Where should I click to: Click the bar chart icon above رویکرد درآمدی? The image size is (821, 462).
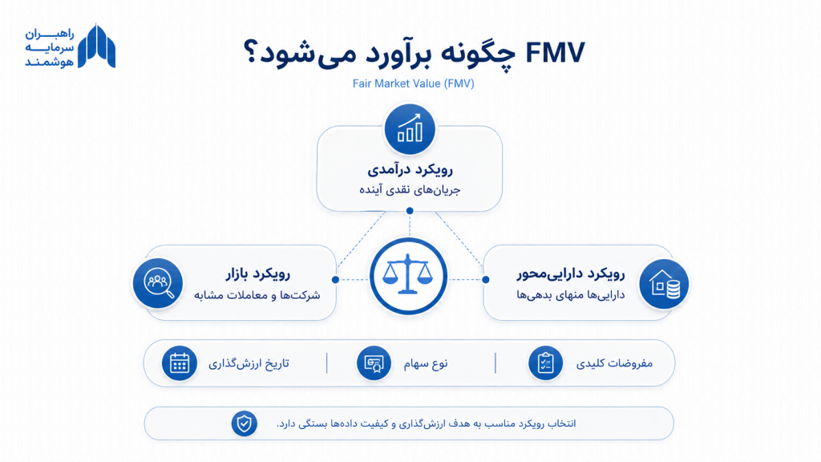pos(410,129)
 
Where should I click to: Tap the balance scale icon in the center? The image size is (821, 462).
pos(408,276)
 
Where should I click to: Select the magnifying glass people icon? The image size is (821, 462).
pos(158,283)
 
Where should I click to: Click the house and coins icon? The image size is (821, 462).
pos(664,284)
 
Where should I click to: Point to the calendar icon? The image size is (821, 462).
pos(179,363)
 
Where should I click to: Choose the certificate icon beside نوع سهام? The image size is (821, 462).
pos(374,363)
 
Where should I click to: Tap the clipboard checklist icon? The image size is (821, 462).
pos(545,363)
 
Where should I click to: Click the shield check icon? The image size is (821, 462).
pos(244,423)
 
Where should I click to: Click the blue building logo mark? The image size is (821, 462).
pos(96,46)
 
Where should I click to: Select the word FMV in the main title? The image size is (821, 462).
pos(555,53)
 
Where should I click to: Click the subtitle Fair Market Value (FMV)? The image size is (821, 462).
pos(413,83)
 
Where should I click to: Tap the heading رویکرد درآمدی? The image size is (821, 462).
pos(410,170)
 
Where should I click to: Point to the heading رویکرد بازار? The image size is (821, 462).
pos(258,274)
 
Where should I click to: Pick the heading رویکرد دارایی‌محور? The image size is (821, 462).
pos(571,274)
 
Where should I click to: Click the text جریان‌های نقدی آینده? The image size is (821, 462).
pos(410,189)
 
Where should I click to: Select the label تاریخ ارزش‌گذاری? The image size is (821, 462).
pos(249,363)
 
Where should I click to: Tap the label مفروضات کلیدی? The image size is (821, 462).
pos(615,363)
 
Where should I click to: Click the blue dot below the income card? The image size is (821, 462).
pos(410,211)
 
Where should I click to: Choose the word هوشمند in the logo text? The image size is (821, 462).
pos(50,62)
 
